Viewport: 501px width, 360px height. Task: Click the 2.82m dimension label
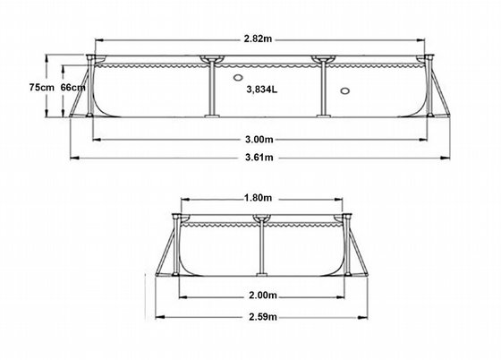(258, 39)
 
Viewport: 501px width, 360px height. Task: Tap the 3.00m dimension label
(259, 140)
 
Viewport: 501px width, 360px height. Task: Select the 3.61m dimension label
(259, 158)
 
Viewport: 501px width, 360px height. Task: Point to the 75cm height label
(41, 87)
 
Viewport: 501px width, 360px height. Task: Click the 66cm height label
(73, 87)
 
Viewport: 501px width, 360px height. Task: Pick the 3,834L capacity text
(261, 90)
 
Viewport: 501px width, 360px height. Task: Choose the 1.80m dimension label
(258, 198)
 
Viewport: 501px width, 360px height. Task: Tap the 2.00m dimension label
(263, 296)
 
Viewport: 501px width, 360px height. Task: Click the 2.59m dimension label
(263, 317)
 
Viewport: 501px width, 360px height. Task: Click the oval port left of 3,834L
(238, 77)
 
